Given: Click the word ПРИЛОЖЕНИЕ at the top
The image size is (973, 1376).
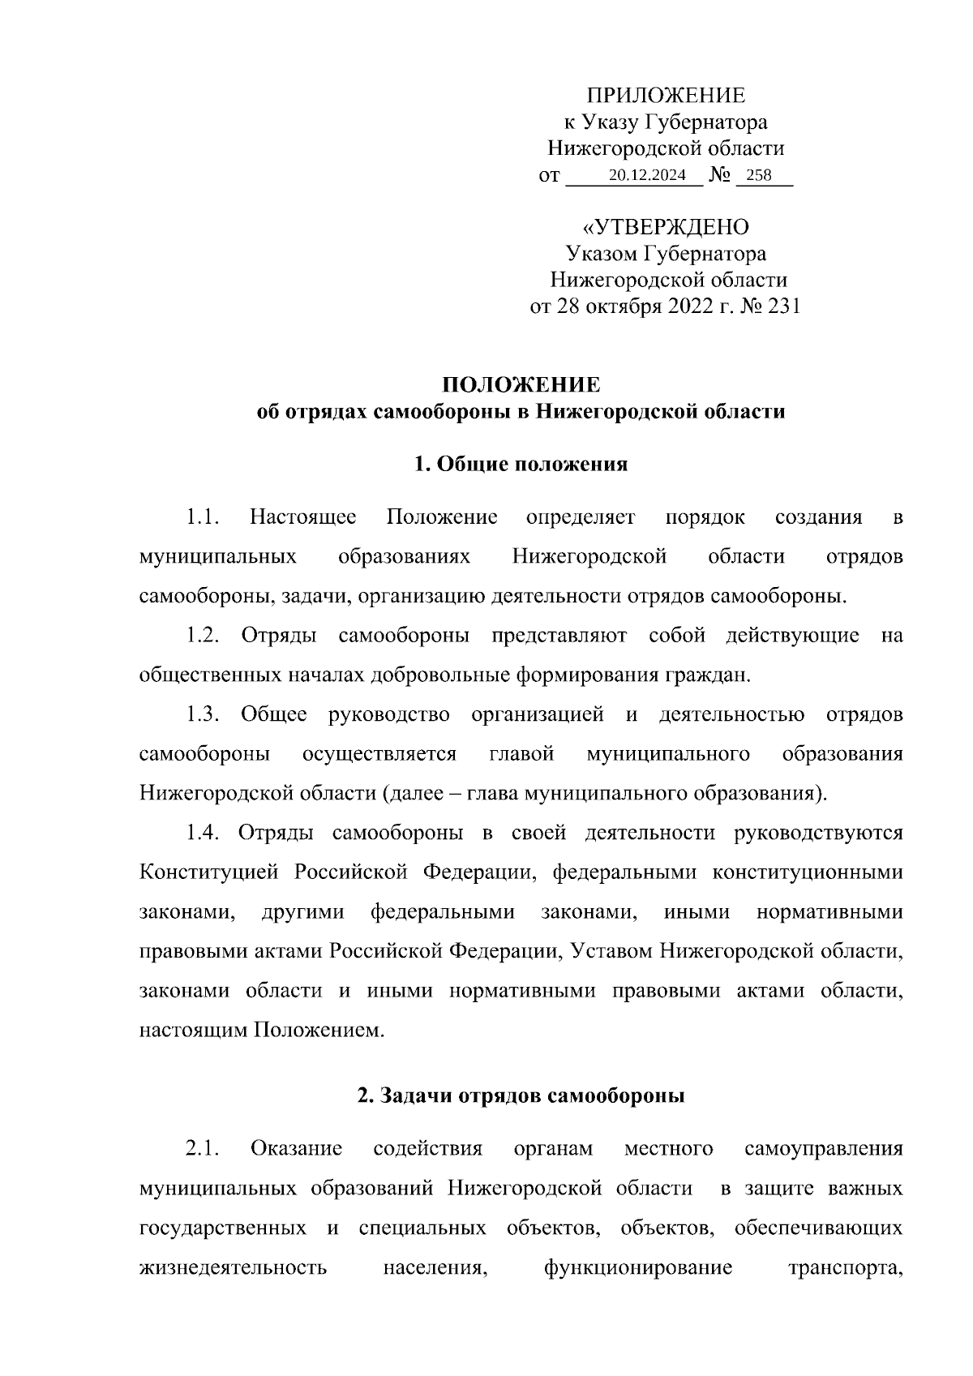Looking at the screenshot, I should click(x=666, y=96).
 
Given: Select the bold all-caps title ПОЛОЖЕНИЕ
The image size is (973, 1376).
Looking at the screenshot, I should click(x=521, y=384).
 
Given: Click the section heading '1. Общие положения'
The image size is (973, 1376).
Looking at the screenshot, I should click(x=521, y=465).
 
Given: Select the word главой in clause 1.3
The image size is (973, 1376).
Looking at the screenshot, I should click(x=521, y=754).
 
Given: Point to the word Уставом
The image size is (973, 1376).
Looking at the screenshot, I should click(x=613, y=951).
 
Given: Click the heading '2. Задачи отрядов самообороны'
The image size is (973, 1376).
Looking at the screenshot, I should click(x=521, y=1097).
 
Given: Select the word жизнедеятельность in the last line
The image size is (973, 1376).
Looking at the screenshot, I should click(x=233, y=1267).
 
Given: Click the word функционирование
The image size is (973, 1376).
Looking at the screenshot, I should click(x=638, y=1267).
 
